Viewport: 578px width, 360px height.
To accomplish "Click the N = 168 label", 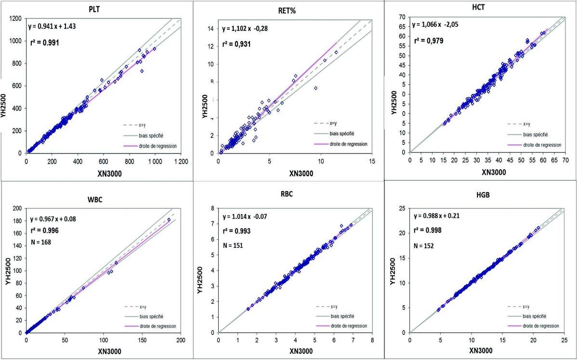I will (x=41, y=242).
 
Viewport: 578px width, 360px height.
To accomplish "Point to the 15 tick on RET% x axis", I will (x=371, y=161).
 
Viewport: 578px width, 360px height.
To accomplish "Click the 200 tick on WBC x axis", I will (x=180, y=340).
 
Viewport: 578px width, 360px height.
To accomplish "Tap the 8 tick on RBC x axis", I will (x=372, y=340).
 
